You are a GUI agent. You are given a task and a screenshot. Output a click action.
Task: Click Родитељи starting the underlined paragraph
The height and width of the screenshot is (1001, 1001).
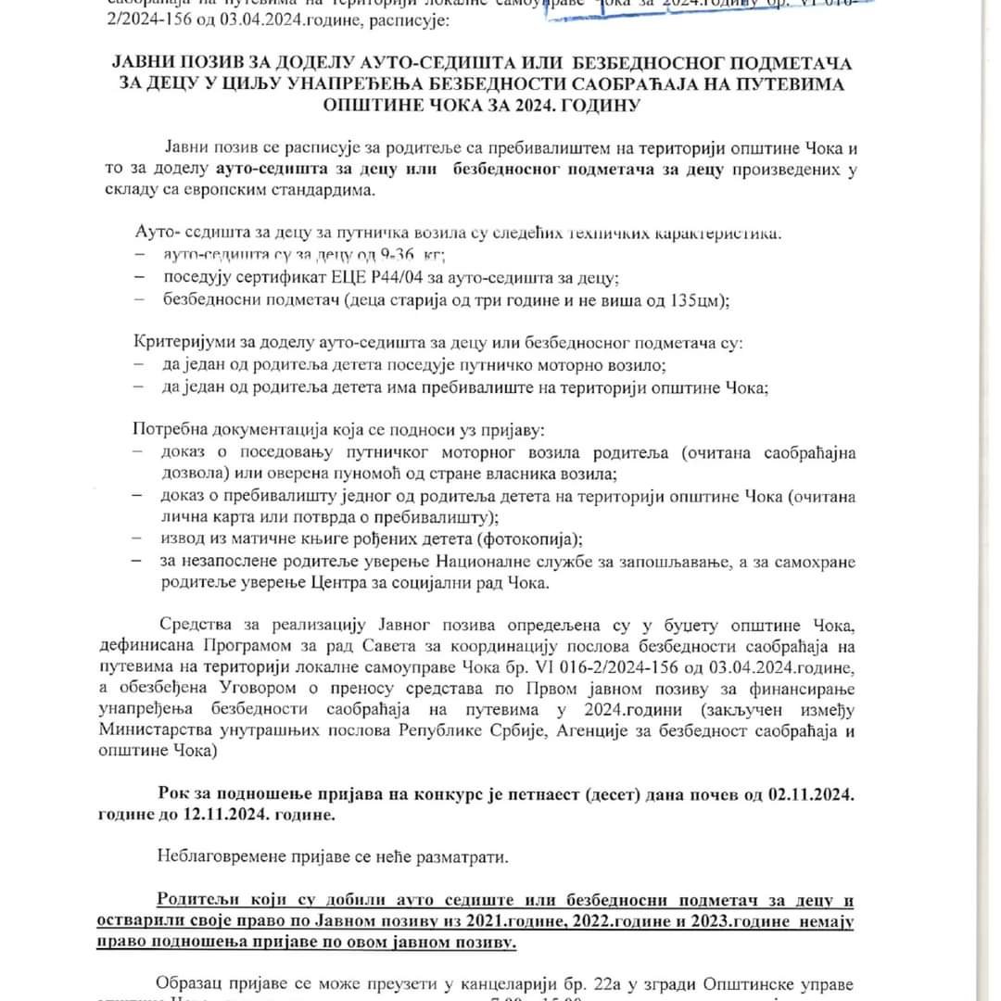(192, 900)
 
